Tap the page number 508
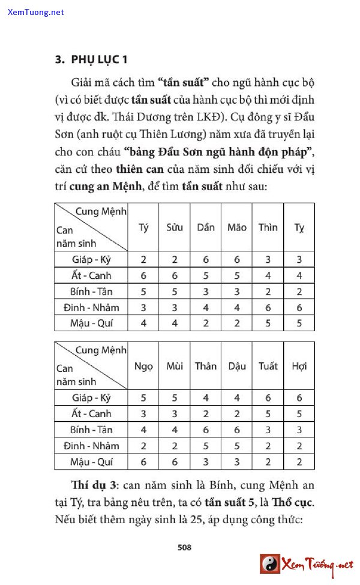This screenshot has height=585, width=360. pos(184,547)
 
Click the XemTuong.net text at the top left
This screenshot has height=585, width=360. pos(36,12)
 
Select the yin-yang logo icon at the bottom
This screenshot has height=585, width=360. pos(270,564)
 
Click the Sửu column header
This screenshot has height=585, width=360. pos(175,227)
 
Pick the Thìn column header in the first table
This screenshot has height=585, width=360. pos(268,227)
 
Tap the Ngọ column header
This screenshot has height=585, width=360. pos(143,365)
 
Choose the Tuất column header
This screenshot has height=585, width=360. pos(268,365)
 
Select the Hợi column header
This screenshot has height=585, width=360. pos(299,365)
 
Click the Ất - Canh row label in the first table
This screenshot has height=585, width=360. pos(91,275)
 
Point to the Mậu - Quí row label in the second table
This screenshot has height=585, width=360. pos(91,461)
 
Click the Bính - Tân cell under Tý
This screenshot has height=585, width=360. pos(143,292)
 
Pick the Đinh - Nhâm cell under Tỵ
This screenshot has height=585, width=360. pos(299,307)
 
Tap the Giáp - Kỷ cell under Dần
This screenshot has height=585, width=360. pos(206,260)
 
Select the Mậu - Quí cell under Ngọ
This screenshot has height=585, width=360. pos(143,461)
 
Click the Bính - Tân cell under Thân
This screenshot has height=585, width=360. pos(206,430)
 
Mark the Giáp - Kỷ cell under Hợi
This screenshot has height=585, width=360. pos(299,398)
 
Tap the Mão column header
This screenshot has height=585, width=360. pos(237,227)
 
